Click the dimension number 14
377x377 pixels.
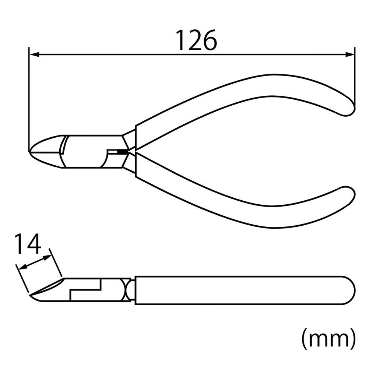point(27,244)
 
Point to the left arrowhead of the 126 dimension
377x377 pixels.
point(34,54)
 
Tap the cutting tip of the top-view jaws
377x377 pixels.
point(32,151)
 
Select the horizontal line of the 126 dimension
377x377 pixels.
point(191,54)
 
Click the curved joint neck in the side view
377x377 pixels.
point(127,290)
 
